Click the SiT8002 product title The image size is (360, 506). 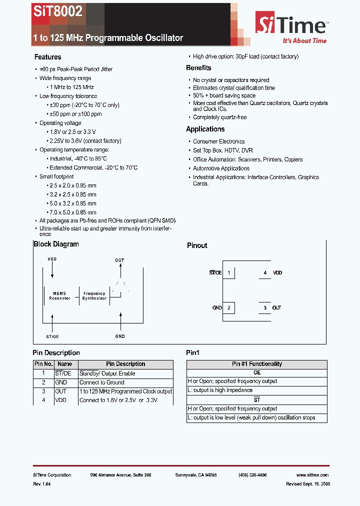(x=57, y=11)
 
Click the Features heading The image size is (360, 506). (x=47, y=57)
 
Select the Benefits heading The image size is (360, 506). (x=198, y=68)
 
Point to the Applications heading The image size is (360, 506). (x=205, y=129)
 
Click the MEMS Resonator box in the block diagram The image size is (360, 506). (x=59, y=296)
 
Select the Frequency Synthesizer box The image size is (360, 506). (x=94, y=296)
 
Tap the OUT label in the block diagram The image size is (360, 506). (x=119, y=260)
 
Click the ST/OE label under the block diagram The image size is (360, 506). (x=52, y=336)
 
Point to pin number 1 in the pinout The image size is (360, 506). (x=228, y=273)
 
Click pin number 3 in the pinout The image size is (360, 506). (x=265, y=307)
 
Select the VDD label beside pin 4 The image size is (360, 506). (x=277, y=273)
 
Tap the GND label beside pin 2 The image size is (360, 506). (x=216, y=307)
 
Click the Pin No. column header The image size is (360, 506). (x=43, y=364)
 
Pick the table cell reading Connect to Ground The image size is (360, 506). (x=102, y=382)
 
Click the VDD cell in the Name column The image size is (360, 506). (x=61, y=400)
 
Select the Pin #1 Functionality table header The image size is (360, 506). (x=257, y=364)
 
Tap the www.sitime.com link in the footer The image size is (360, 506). (x=312, y=475)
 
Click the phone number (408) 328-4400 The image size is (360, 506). (x=252, y=475)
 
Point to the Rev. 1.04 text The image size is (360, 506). (x=42, y=484)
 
